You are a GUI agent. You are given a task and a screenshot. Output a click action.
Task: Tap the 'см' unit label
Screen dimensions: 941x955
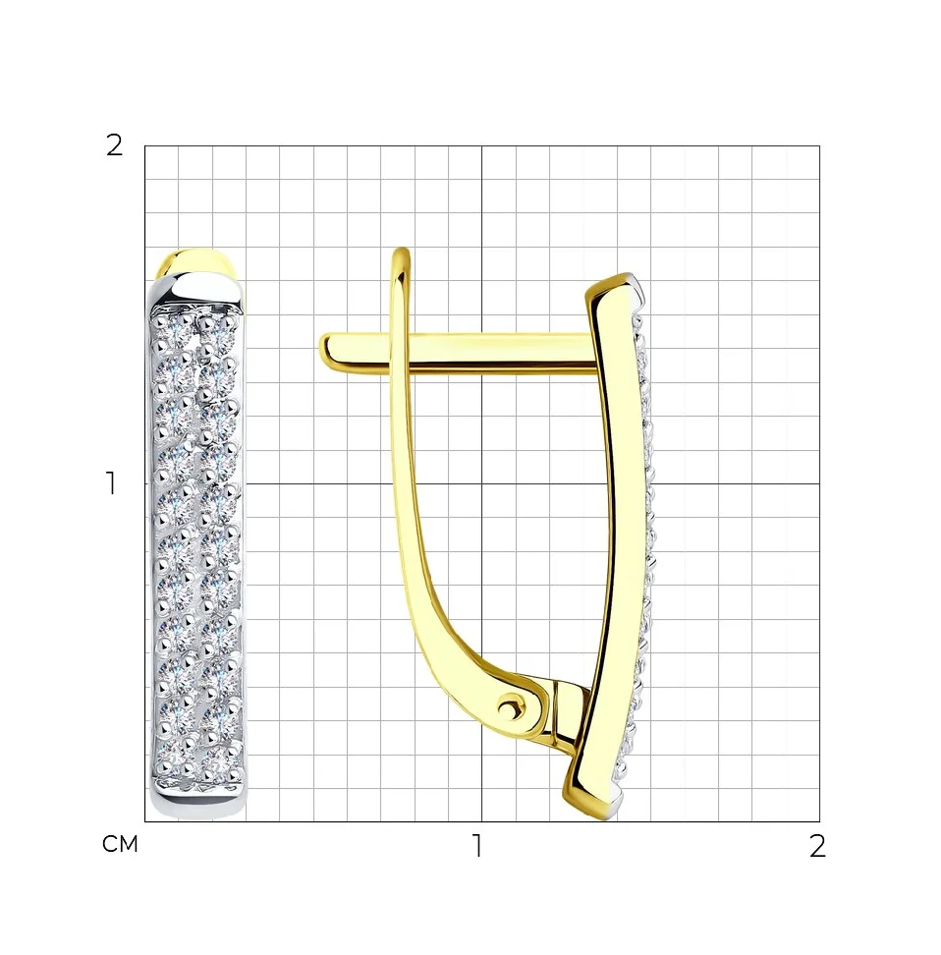pyautogui.click(x=120, y=844)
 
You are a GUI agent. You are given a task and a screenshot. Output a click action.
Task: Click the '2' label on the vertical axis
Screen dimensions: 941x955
pyautogui.click(x=114, y=145)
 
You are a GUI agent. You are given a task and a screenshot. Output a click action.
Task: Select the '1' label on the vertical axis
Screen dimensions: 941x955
pyautogui.click(x=111, y=483)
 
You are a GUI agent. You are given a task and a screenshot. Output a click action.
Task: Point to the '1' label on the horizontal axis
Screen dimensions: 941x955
pyautogui.click(x=477, y=846)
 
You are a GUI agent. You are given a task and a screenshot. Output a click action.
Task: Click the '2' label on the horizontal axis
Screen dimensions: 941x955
pyautogui.click(x=817, y=846)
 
